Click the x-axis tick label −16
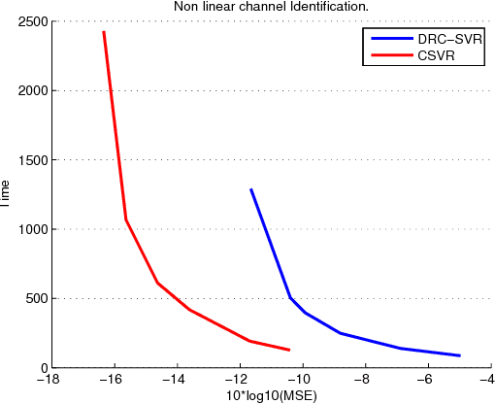(x=109, y=381)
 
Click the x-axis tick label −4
(x=488, y=381)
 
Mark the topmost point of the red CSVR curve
(x=103, y=32)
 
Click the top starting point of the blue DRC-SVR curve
(x=251, y=190)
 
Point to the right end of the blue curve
(x=459, y=355)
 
